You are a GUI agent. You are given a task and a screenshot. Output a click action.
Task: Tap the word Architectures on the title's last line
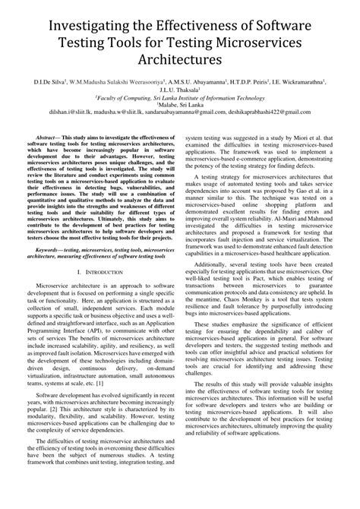[x=180, y=58]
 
